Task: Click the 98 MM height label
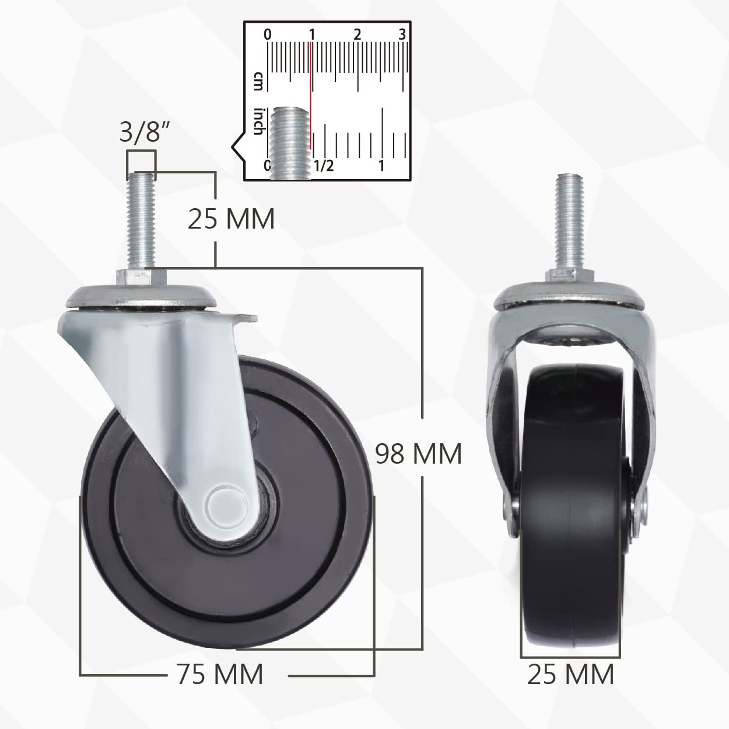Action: (x=418, y=453)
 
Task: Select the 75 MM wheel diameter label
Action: (x=219, y=674)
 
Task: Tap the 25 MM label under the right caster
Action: (x=570, y=674)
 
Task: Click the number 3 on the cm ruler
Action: (x=402, y=34)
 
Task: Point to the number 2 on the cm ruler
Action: (x=357, y=34)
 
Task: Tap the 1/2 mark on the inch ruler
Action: (x=324, y=166)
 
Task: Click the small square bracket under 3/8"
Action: (x=141, y=163)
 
